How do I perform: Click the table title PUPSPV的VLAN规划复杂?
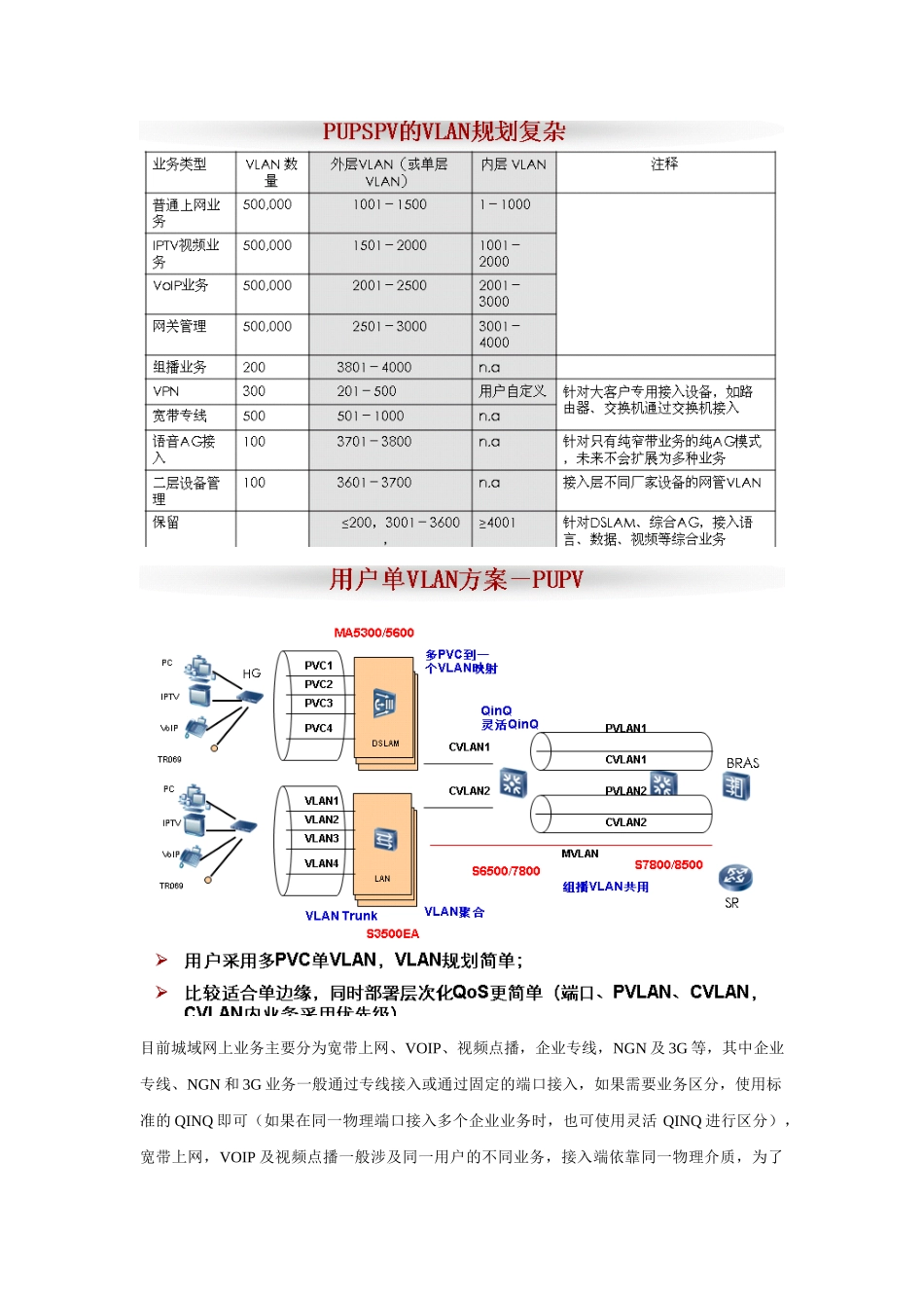(444, 131)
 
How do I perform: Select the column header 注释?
(664, 164)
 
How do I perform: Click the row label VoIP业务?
(180, 286)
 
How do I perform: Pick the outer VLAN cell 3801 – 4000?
(373, 368)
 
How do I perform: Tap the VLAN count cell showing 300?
(254, 391)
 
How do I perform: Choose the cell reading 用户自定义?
(513, 391)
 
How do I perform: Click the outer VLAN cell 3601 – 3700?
(373, 483)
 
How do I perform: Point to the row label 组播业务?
(179, 368)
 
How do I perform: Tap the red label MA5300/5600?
(373, 633)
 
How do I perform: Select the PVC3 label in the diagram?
(318, 703)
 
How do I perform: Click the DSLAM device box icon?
(384, 704)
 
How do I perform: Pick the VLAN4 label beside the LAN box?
(321, 863)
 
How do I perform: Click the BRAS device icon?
(735, 786)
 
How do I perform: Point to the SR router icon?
(734, 879)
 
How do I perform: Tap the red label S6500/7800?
(505, 871)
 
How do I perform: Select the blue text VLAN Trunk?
(340, 916)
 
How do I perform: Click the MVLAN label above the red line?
(580, 854)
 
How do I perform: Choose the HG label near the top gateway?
(251, 673)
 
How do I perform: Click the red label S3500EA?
(392, 934)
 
